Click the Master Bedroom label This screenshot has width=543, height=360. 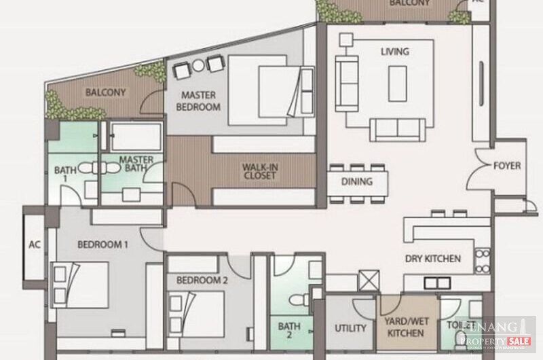coord(198,101)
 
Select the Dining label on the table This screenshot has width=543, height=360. coord(357,181)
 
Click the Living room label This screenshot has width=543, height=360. coord(394,51)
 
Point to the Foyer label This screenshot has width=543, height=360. coord(507,165)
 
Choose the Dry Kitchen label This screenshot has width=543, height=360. coord(433,258)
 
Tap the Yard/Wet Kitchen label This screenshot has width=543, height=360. coord(405,327)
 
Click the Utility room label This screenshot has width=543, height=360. coord(350,328)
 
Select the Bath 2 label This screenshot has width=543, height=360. coord(289,330)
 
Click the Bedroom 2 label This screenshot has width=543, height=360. coord(202,279)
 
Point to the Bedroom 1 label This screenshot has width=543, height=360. coord(102,245)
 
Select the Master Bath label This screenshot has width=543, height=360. coord(136,165)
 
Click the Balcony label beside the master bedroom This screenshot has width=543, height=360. coord(105,92)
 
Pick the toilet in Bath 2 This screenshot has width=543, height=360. coord(297,299)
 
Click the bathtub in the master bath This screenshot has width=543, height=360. coord(136,137)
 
